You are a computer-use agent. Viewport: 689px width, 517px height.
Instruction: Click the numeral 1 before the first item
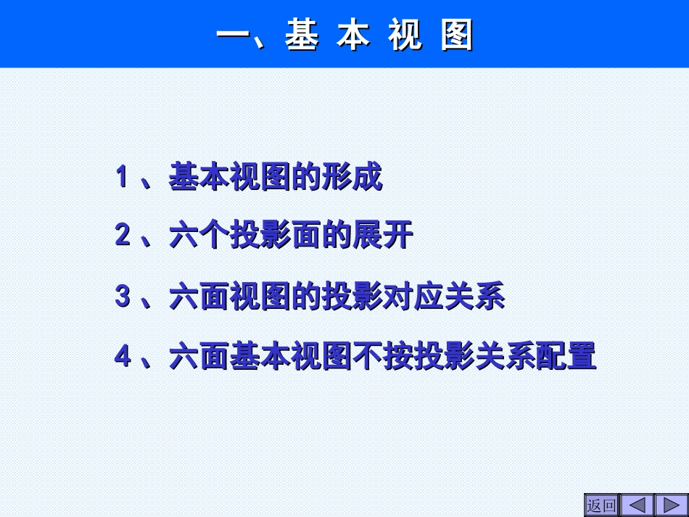123,177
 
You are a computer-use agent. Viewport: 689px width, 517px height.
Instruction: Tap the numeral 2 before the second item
123,236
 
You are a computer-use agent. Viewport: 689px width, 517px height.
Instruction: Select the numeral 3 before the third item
123,297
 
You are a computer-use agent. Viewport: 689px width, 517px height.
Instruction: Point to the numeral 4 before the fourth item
123,357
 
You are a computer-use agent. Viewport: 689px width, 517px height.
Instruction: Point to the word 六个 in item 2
199,237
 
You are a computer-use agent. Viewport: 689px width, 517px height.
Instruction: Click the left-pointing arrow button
638,505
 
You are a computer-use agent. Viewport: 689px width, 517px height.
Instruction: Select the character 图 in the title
457,35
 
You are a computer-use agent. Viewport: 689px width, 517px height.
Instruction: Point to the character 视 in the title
405,35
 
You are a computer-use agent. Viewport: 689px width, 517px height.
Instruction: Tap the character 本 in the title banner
353,35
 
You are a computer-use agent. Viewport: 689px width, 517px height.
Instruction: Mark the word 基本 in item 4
260,357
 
